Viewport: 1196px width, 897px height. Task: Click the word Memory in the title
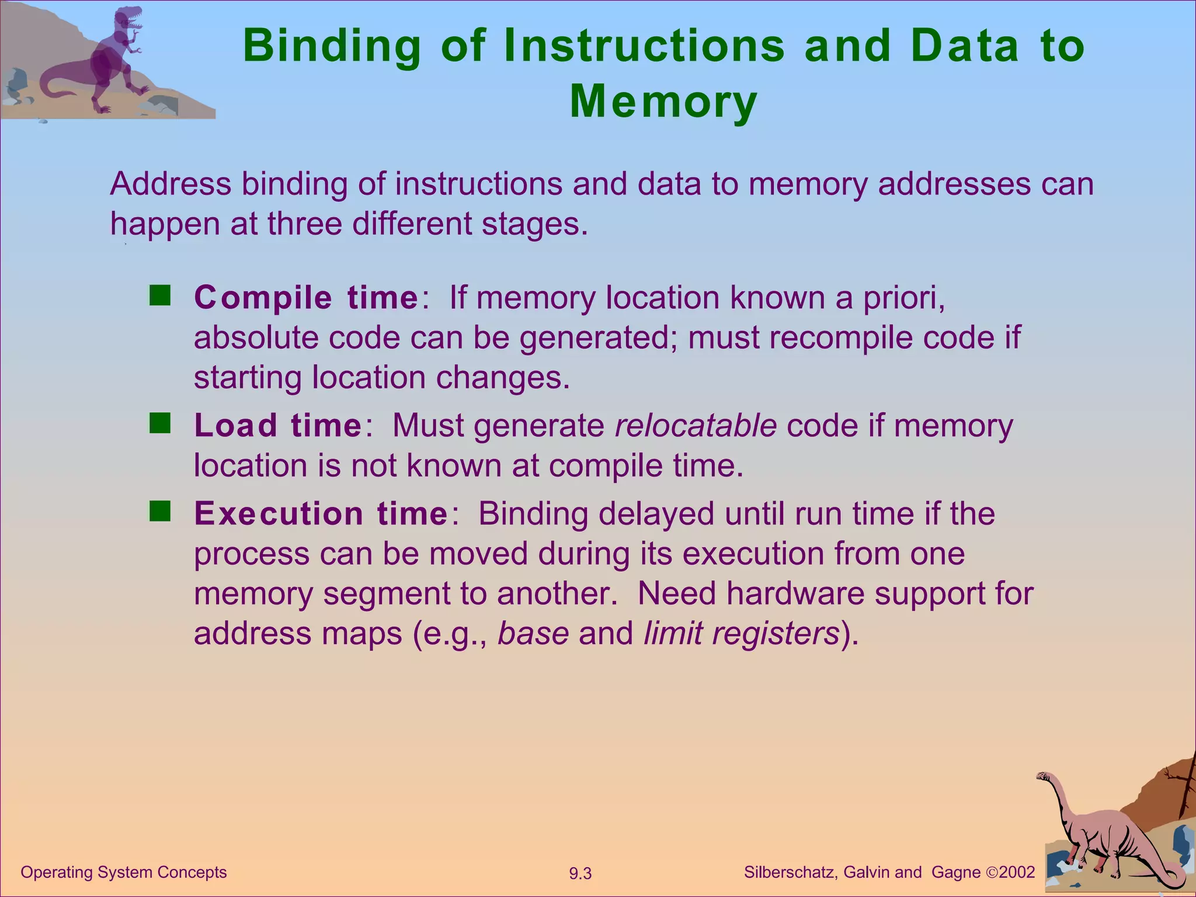[x=663, y=102]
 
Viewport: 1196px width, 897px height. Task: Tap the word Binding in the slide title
[x=332, y=46]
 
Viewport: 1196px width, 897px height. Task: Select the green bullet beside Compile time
[x=159, y=296]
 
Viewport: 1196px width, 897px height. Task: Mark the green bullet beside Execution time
[x=159, y=512]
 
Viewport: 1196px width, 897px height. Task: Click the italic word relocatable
[x=696, y=425]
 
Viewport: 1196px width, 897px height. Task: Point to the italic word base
[x=533, y=633]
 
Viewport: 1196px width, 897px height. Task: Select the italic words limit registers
[x=741, y=633]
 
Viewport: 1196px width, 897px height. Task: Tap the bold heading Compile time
[x=306, y=298]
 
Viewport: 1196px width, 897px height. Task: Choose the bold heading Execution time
[x=321, y=514]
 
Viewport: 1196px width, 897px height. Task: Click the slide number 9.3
[x=580, y=874]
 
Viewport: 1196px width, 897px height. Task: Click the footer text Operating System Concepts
[x=124, y=872]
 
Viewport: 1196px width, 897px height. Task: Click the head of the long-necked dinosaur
[x=1044, y=777]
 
